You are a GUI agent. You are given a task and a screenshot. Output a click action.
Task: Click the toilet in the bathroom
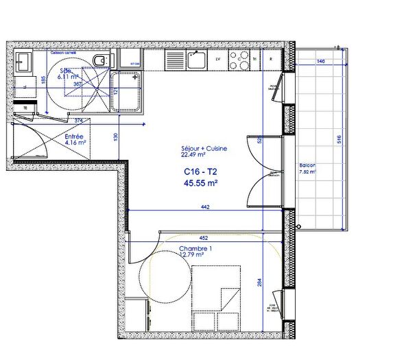(x=100, y=61)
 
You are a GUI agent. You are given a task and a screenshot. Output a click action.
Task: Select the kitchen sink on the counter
(x=197, y=60)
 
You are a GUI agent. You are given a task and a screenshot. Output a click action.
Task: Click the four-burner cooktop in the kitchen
(x=241, y=60)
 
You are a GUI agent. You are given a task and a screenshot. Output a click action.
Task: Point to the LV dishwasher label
(x=218, y=60)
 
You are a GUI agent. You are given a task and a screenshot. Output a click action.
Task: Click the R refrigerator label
(x=272, y=60)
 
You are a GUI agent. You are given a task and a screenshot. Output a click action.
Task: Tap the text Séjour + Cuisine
(x=204, y=149)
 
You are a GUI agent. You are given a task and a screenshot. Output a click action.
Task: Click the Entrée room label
(x=74, y=136)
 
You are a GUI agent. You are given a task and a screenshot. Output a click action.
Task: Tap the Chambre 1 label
(x=195, y=248)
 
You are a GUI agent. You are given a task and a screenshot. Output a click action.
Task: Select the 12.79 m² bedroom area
(x=193, y=255)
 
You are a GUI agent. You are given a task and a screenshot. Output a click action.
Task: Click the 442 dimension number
(x=205, y=206)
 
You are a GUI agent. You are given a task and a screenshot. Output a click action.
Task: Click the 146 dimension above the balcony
(x=320, y=61)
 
